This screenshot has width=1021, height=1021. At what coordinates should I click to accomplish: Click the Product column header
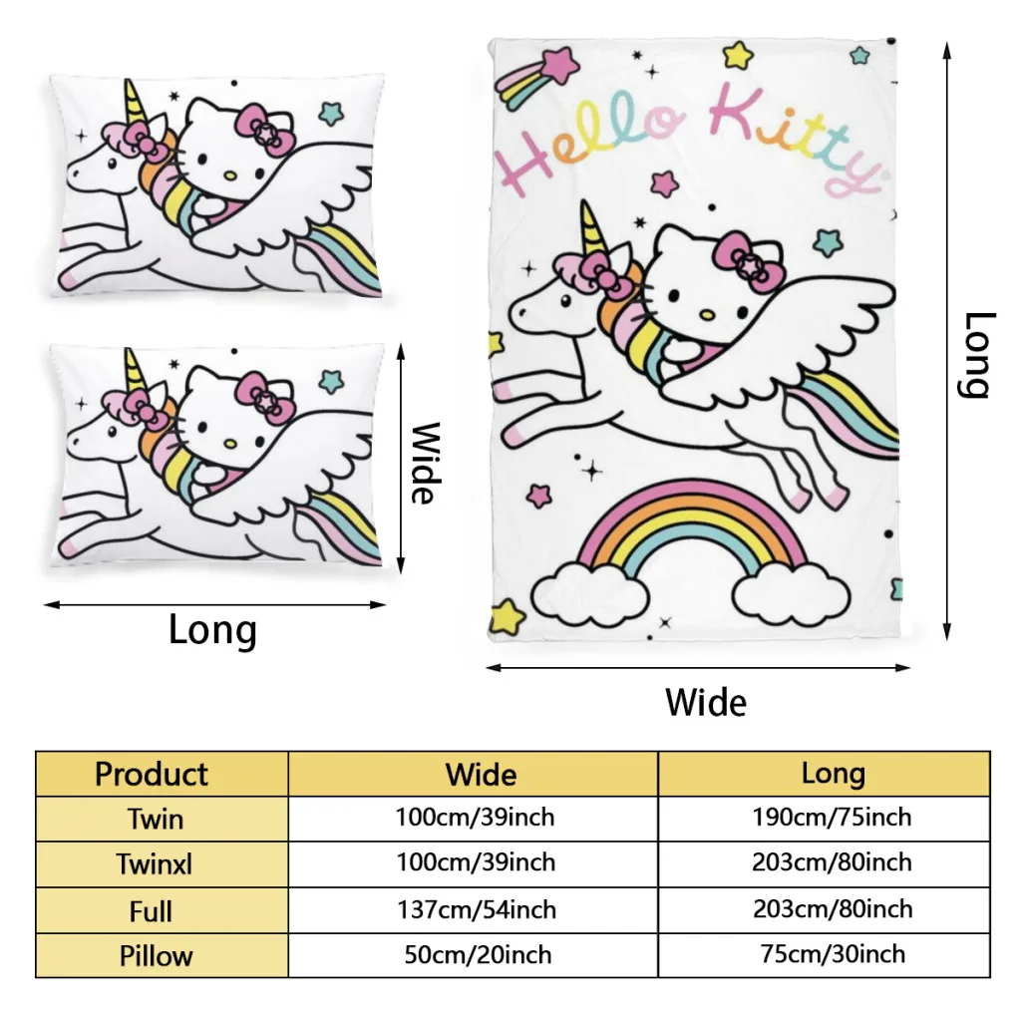click(x=152, y=775)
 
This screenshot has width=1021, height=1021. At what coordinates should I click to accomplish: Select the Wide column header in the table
click(x=481, y=775)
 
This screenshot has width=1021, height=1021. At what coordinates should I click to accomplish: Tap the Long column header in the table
click(x=833, y=774)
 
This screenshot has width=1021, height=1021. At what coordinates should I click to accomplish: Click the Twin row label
click(x=156, y=820)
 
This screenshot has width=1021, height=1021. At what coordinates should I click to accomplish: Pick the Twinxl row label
click(x=155, y=864)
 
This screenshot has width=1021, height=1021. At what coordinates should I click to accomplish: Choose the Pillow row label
click(x=156, y=956)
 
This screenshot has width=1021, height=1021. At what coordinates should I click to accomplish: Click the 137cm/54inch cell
click(x=476, y=909)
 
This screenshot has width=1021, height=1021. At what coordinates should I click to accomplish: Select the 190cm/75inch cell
click(x=832, y=818)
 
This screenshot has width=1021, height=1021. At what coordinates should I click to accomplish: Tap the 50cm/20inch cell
click(x=478, y=955)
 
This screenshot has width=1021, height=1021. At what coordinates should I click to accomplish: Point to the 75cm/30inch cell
click(x=832, y=954)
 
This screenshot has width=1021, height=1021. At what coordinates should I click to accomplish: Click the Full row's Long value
click(x=832, y=909)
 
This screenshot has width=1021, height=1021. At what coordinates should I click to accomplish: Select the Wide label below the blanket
click(x=705, y=702)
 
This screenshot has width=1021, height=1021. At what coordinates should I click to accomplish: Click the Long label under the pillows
click(x=212, y=630)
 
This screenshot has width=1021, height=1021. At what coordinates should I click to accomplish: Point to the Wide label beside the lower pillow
click(x=425, y=463)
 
